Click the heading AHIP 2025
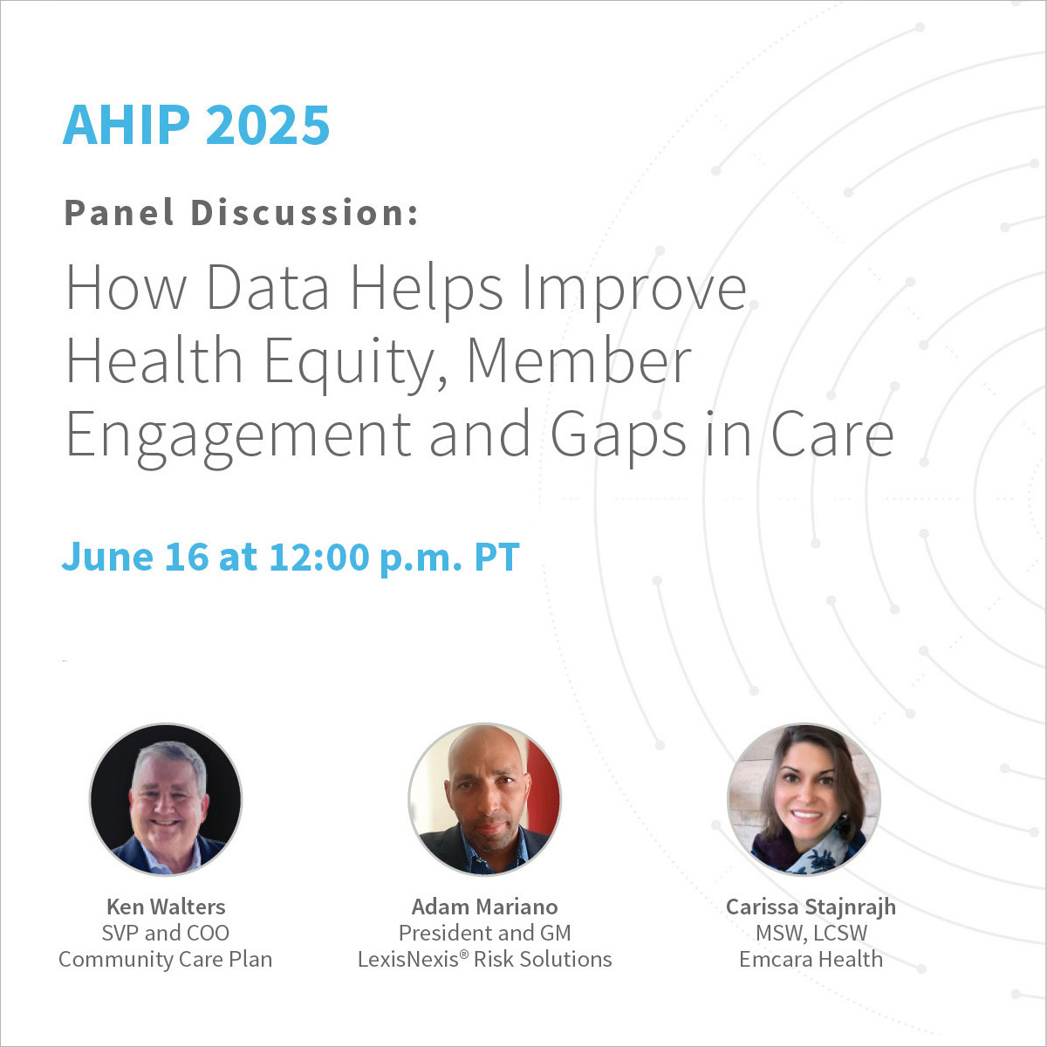(196, 125)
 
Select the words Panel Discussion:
(242, 212)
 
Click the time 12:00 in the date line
(319, 557)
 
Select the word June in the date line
(107, 557)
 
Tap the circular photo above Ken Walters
(166, 799)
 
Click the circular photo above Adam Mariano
(484, 799)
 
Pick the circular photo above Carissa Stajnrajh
(804, 799)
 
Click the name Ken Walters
(166, 907)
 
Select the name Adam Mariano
(484, 907)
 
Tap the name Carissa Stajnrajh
(811, 907)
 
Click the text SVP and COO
(166, 933)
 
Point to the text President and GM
(484, 933)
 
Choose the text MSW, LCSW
(811, 934)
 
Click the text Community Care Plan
(166, 960)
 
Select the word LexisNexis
(408, 960)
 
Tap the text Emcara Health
(811, 960)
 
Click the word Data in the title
(268, 288)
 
